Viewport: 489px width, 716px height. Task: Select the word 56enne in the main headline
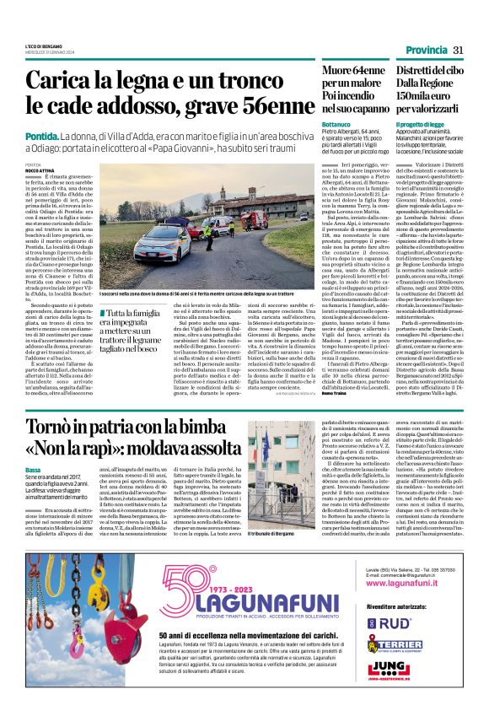(266, 109)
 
